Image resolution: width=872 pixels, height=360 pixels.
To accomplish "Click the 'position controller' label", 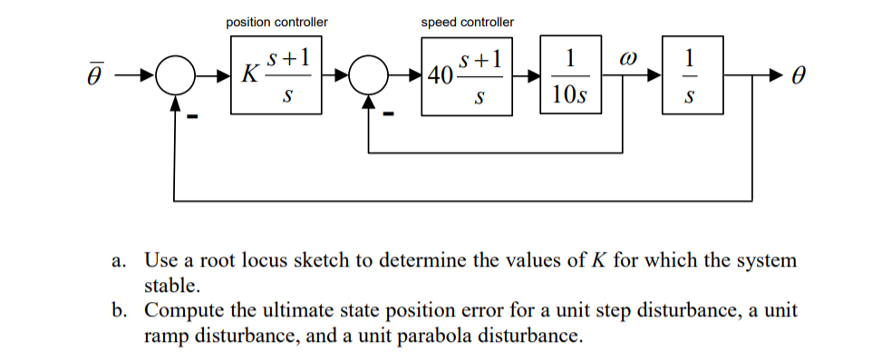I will [276, 22].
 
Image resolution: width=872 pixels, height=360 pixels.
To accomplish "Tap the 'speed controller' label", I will [467, 22].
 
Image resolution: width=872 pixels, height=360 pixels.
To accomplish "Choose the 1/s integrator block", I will [692, 74].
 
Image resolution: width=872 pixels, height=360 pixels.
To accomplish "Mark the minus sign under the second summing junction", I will [389, 115].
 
